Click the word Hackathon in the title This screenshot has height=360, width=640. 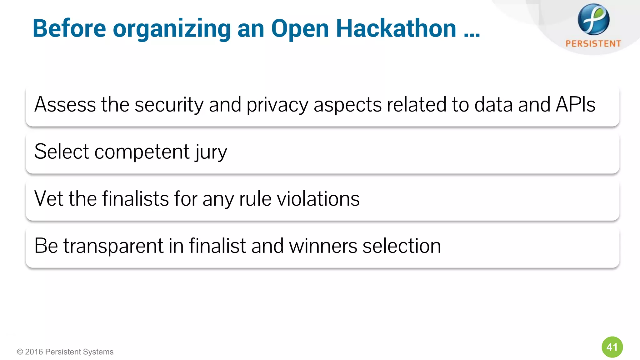click(x=396, y=28)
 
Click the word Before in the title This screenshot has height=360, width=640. click(x=69, y=28)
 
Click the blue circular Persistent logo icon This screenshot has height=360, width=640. click(x=593, y=19)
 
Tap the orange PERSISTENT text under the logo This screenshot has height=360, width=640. click(x=593, y=44)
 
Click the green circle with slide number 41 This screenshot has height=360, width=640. click(x=612, y=347)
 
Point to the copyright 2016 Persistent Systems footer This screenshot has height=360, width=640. click(x=65, y=352)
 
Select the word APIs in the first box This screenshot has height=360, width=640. click(x=575, y=104)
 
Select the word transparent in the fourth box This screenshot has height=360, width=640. click(x=113, y=246)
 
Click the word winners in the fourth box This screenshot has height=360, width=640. click(x=323, y=246)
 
